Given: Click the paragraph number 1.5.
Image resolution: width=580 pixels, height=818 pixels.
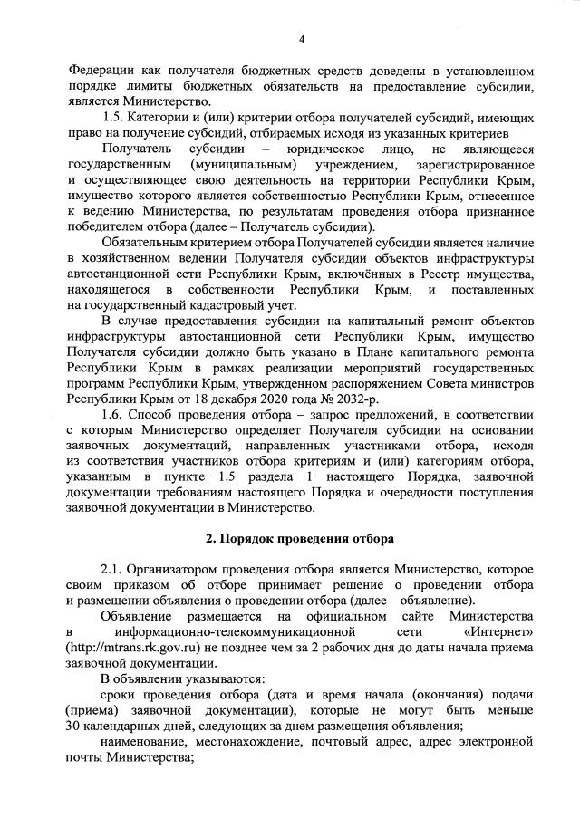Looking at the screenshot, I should click(112, 117).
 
